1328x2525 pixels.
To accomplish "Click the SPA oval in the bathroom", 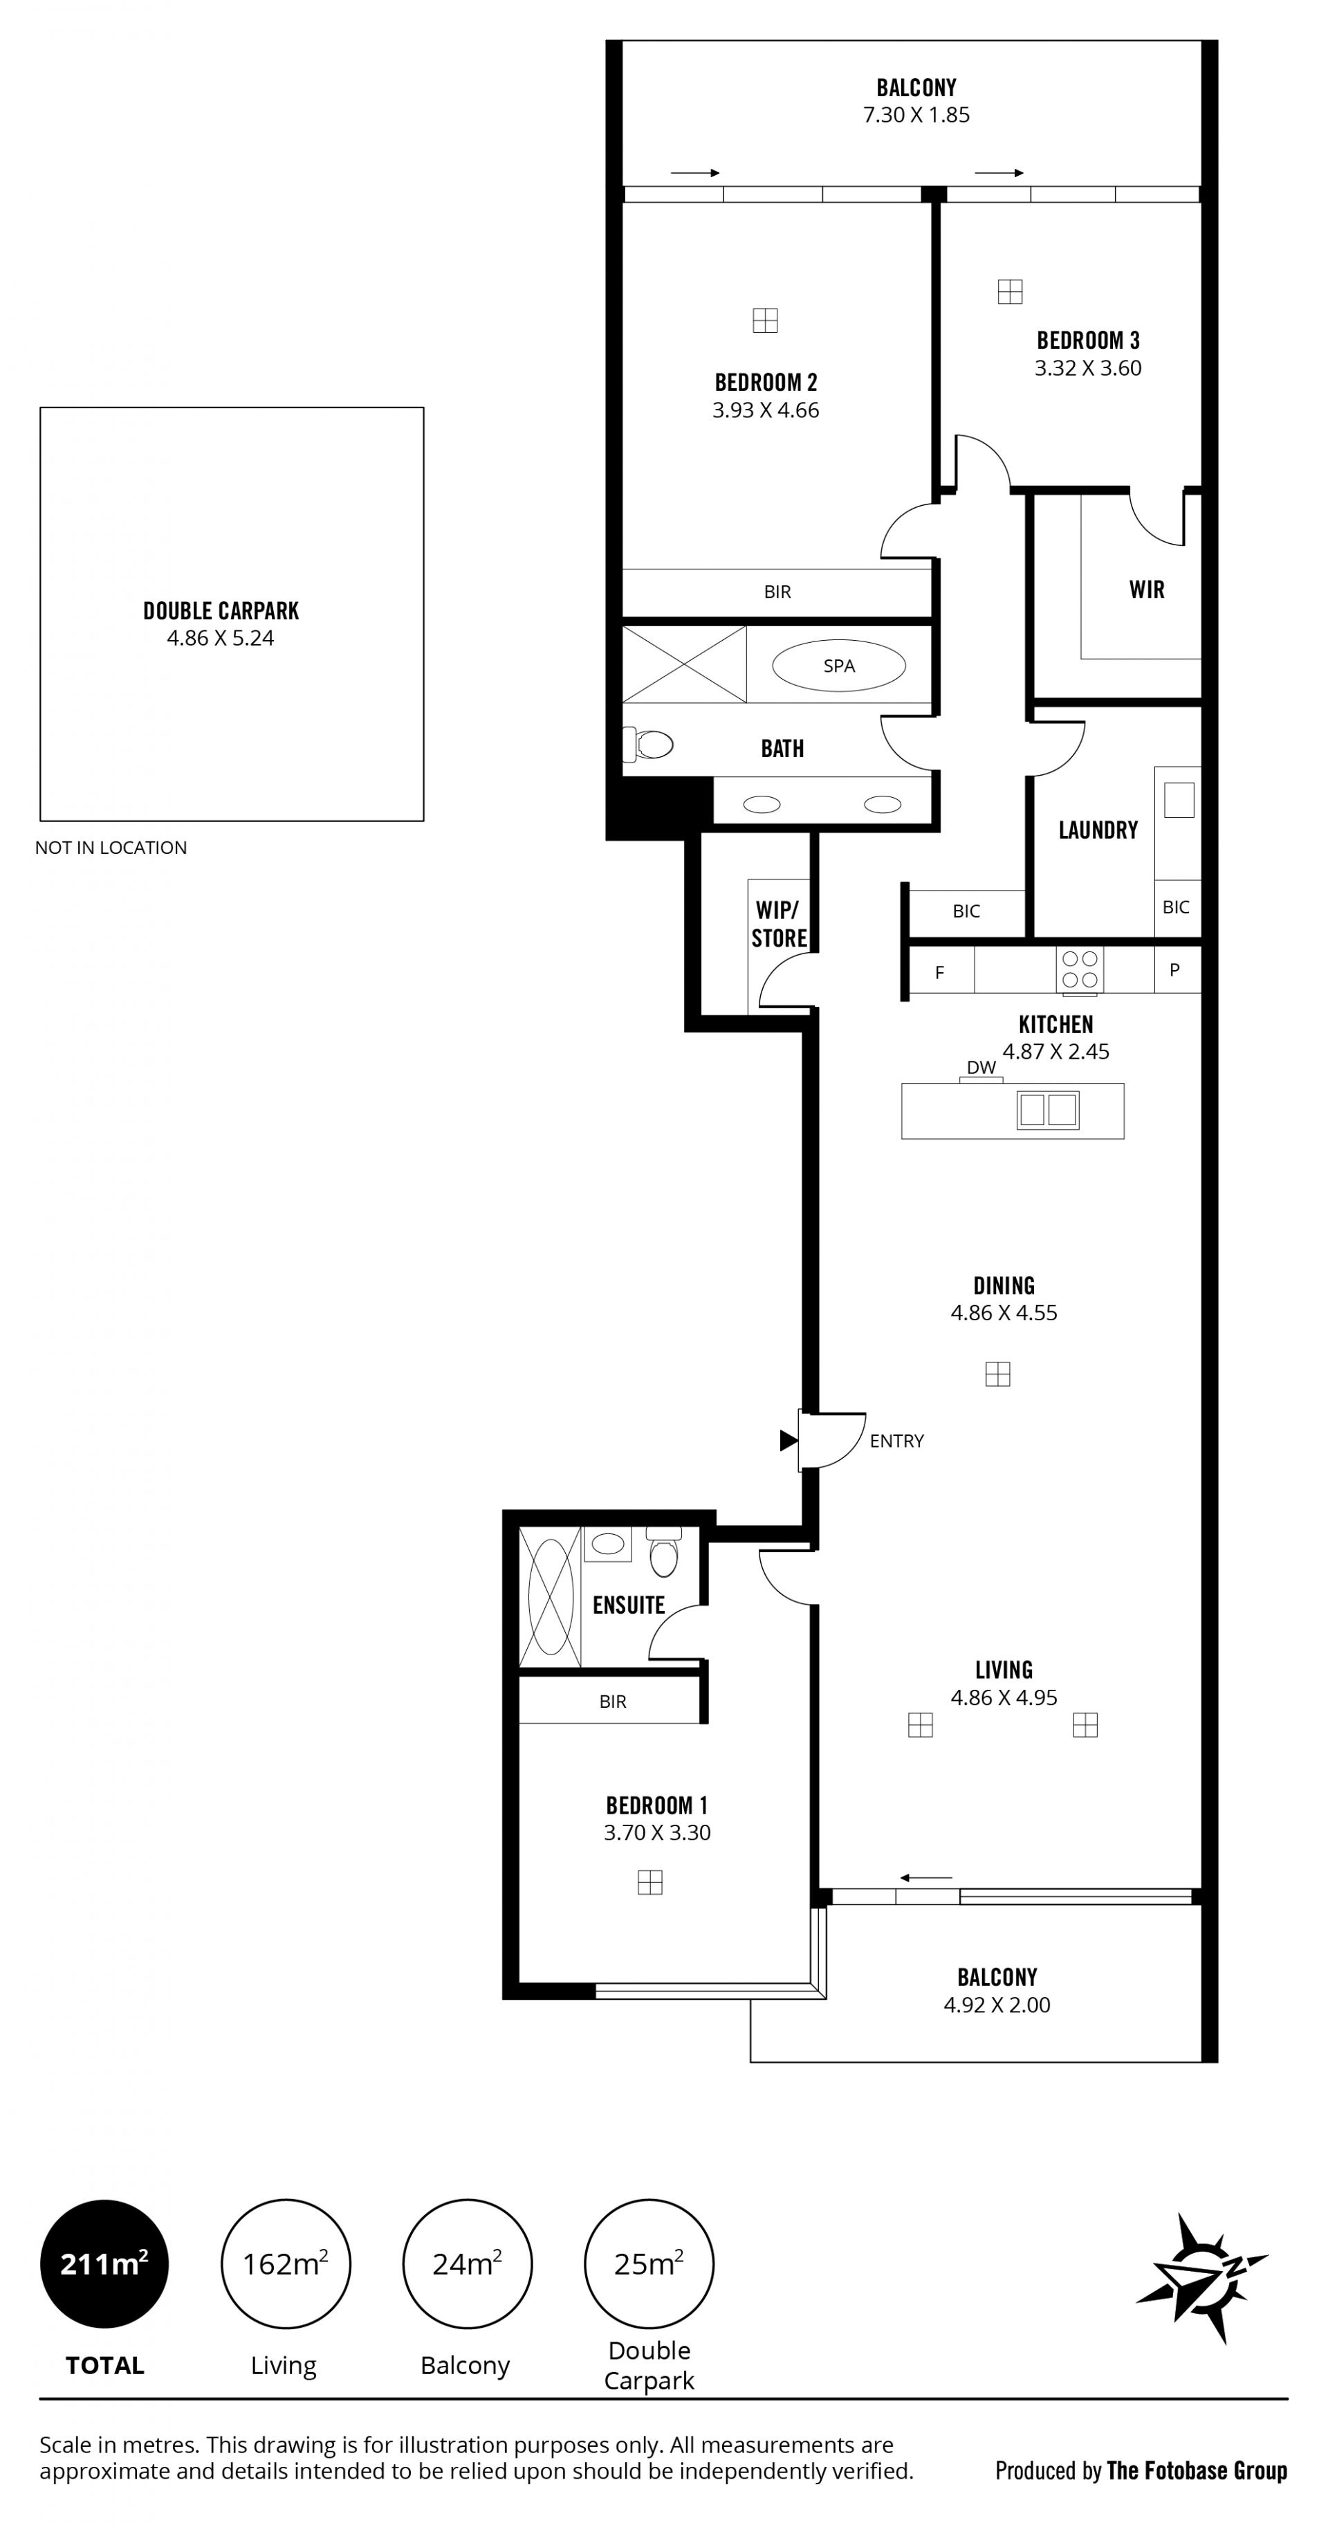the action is [839, 666].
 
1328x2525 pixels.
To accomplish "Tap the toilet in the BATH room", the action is [649, 745].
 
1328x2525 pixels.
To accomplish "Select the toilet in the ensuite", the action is [663, 1551].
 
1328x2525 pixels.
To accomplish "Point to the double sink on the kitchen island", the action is [1049, 1110].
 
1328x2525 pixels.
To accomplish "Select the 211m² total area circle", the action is [104, 2263].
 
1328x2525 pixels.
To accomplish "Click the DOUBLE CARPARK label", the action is [221, 611].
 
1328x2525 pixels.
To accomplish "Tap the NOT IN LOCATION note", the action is [111, 848].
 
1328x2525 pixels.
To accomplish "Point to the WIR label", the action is [1147, 589].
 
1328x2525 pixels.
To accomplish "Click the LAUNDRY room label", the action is [1098, 830].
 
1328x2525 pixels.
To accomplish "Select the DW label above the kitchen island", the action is [981, 1068].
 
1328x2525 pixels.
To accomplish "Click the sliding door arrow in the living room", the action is [926, 1878].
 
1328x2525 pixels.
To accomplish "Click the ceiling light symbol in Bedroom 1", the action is [649, 1882].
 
